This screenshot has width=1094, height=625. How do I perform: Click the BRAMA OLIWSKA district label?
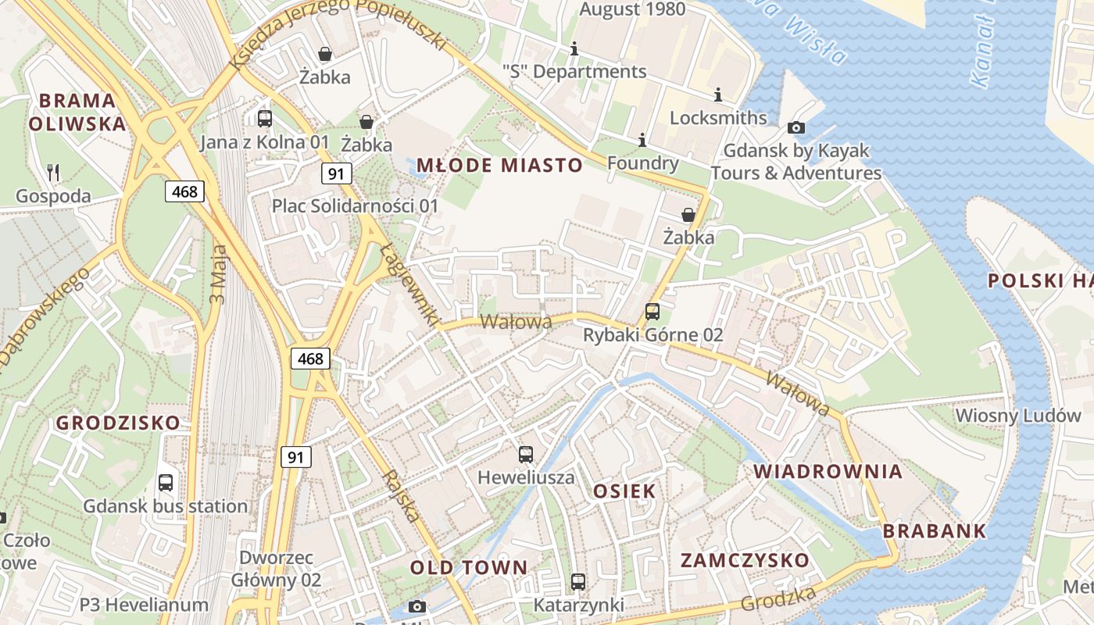tap(77, 112)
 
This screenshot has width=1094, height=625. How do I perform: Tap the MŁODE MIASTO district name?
tap(499, 165)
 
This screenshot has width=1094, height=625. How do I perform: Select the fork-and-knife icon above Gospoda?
tap(53, 172)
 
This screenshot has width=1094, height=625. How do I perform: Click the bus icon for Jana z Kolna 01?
tap(265, 119)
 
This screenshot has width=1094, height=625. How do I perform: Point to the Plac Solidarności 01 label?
tap(355, 206)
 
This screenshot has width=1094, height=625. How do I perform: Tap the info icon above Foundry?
tap(642, 141)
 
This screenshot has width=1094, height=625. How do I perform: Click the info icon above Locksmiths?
tap(718, 95)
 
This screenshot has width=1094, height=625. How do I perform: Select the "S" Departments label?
tap(574, 72)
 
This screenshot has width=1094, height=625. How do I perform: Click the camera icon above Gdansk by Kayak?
tap(796, 127)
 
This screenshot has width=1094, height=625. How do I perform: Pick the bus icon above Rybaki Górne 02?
tap(652, 312)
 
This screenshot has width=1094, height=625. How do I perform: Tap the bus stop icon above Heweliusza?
tap(526, 454)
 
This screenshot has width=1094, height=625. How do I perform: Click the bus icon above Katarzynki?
tap(578, 581)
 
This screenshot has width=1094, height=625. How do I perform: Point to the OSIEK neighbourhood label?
tap(624, 491)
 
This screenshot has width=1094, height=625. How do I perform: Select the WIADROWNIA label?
tap(828, 471)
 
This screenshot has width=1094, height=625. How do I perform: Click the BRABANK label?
tap(935, 531)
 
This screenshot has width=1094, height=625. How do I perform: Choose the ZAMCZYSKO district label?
tap(745, 560)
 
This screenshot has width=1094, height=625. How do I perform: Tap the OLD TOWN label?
tap(469, 567)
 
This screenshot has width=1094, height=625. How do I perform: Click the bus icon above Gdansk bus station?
tap(166, 482)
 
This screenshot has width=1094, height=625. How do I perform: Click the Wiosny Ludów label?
tap(1017, 416)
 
